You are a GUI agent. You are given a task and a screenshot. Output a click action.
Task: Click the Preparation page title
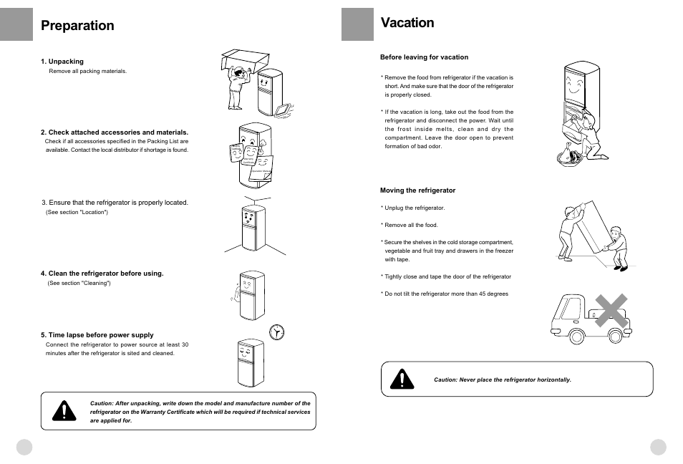[77, 26]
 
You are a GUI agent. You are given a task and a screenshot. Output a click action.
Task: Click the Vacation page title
[407, 23]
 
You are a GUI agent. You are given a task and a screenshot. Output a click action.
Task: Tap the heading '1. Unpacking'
[62, 62]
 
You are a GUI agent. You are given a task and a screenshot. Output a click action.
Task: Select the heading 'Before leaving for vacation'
[424, 57]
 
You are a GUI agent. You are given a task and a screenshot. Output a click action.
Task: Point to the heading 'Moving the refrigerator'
[417, 190]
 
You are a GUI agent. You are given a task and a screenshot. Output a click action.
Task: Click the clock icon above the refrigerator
[276, 332]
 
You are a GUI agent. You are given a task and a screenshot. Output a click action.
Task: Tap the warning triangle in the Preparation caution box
[64, 410]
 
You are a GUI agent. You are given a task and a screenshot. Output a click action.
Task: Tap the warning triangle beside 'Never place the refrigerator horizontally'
[402, 379]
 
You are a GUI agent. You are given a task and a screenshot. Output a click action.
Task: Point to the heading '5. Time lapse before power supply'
[97, 335]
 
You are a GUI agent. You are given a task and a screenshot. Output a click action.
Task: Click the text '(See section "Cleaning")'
[79, 283]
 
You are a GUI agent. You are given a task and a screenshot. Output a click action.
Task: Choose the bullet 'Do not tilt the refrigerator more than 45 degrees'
[446, 294]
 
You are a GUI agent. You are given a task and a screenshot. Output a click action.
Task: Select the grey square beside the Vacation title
[357, 24]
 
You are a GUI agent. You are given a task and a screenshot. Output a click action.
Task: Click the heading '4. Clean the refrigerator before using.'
[102, 274]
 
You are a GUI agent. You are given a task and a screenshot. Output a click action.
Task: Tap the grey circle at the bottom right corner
[658, 447]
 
